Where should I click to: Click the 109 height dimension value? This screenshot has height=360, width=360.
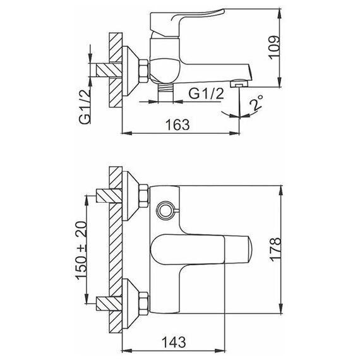point(275,48)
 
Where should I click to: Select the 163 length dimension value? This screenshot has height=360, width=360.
point(177,124)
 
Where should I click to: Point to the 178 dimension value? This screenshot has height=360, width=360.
point(275,249)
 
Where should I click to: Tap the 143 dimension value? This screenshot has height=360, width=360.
point(174,342)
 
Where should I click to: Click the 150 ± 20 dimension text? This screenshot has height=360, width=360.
point(81,250)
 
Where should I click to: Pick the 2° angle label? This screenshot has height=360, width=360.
point(256,103)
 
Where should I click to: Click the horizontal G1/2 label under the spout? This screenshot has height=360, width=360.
point(206,93)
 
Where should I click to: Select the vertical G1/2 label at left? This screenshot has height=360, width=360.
point(85,107)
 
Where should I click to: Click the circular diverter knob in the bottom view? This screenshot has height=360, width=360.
point(165,210)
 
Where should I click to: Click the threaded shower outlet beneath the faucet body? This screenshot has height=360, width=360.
point(165,92)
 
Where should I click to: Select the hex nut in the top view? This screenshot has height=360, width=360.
point(144,71)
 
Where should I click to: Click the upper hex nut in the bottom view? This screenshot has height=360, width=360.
point(144,196)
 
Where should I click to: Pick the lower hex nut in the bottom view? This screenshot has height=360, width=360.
point(144,303)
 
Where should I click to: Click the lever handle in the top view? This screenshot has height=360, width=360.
point(187,23)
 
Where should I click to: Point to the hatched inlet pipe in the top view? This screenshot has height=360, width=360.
point(109,70)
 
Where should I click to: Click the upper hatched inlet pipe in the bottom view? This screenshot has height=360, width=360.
point(109,196)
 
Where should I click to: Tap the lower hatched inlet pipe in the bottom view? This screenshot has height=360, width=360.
point(109,304)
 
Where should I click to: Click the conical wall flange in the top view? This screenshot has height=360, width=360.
point(130,71)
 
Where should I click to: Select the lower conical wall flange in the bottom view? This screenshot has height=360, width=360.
point(131,303)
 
